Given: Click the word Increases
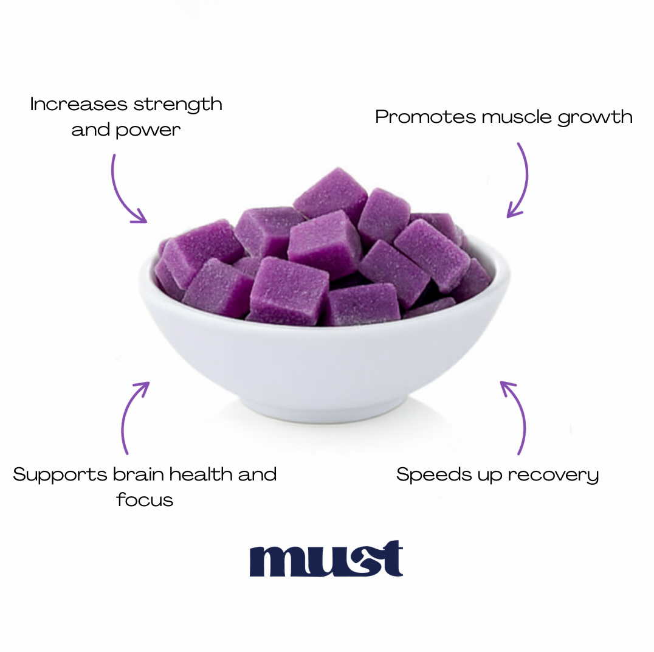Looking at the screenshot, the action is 78,104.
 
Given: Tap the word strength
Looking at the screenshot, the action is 177,105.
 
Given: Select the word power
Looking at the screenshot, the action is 148,131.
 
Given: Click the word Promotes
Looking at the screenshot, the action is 425,116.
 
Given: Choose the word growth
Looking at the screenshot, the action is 595,117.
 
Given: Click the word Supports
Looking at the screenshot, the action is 60,476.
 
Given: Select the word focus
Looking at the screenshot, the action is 145,500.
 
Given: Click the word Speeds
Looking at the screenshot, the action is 434,476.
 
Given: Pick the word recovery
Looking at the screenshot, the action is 554,476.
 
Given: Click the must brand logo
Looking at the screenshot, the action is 326,558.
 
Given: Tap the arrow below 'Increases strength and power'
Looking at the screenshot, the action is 121,193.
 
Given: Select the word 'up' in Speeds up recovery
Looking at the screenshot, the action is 490,477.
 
